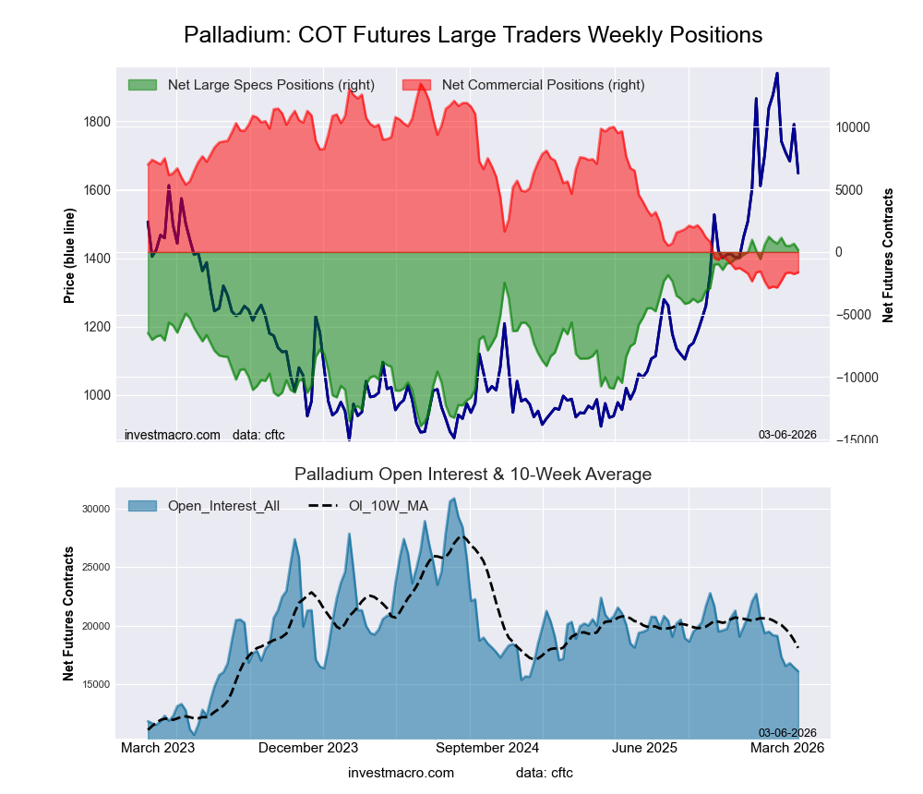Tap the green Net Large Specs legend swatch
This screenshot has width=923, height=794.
tap(143, 85)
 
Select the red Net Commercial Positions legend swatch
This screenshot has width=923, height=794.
tap(417, 85)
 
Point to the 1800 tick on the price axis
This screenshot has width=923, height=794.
tap(96, 122)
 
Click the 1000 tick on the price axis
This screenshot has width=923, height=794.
tap(96, 395)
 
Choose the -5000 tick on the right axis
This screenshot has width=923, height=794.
tap(854, 315)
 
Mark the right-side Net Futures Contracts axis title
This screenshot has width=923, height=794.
tap(888, 256)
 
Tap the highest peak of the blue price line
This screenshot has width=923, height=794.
tap(777, 73)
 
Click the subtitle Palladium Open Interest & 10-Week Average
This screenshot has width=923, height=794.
tap(473, 475)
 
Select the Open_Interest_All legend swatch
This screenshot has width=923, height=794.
tap(143, 506)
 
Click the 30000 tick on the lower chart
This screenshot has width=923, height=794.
tap(96, 509)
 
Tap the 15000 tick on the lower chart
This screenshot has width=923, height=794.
tap(96, 684)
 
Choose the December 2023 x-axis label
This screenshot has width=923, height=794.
tap(308, 748)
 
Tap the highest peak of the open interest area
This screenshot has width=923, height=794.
tap(453, 499)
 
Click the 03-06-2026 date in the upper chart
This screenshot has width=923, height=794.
tap(787, 434)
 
